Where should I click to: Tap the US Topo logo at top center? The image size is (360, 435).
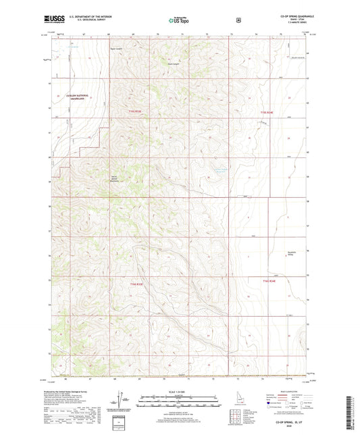180,21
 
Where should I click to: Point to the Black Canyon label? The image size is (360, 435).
173,64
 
